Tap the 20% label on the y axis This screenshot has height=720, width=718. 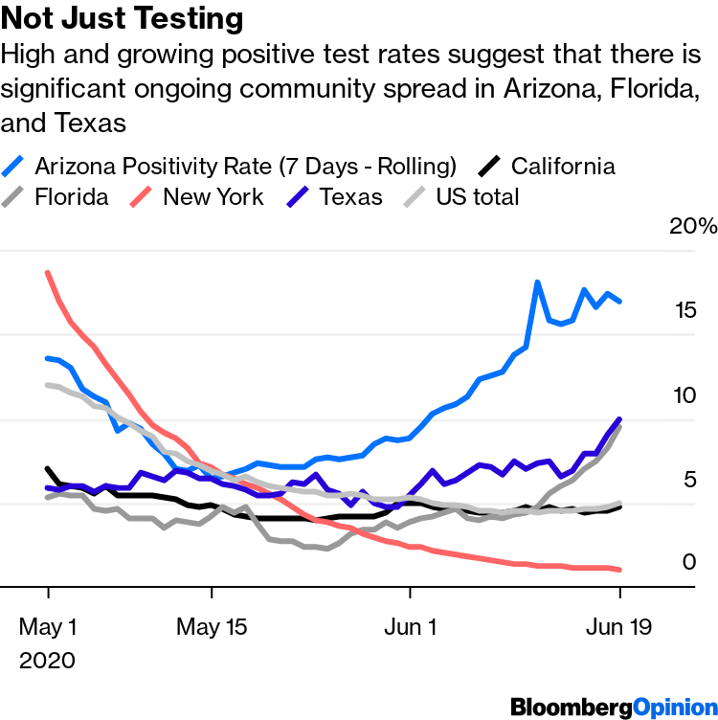coord(693,227)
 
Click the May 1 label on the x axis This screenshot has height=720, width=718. coord(48,628)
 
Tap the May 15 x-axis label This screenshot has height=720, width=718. coord(213,628)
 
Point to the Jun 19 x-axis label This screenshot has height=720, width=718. coord(619,628)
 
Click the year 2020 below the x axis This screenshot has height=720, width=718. coord(46,661)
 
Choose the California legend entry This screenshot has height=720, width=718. coord(563,166)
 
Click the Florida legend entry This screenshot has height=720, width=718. coord(71,197)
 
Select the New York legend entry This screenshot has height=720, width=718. coord(213,197)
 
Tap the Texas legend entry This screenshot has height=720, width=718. coord(350,197)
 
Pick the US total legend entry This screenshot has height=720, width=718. coord(477,197)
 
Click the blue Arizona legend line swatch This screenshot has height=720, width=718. coord(15,167)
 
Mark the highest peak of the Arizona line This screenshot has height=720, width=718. coord(538,282)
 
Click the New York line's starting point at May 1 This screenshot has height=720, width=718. coord(48,273)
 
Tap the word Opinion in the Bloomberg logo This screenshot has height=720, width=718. coord(672,708)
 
